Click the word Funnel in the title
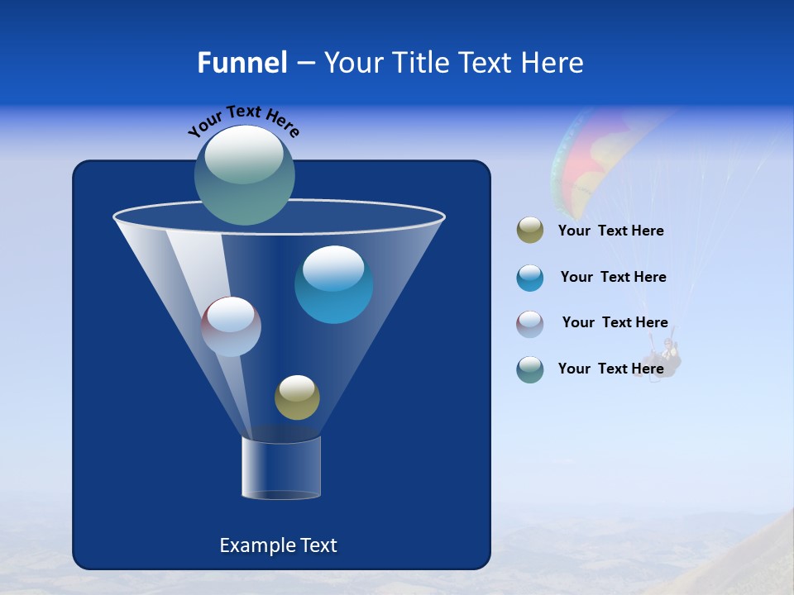(242, 63)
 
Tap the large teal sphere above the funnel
(245, 175)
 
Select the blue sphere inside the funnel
(333, 284)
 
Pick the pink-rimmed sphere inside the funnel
(231, 326)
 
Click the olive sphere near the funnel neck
(297, 397)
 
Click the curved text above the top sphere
(244, 121)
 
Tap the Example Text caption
(278, 545)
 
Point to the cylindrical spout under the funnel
(281, 468)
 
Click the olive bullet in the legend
(530, 231)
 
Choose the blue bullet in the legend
(530, 278)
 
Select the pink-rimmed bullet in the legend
(530, 323)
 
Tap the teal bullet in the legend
(530, 369)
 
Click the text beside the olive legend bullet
(610, 231)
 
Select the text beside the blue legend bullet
(613, 278)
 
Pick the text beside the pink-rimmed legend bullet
(615, 323)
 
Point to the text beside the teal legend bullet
(610, 369)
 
